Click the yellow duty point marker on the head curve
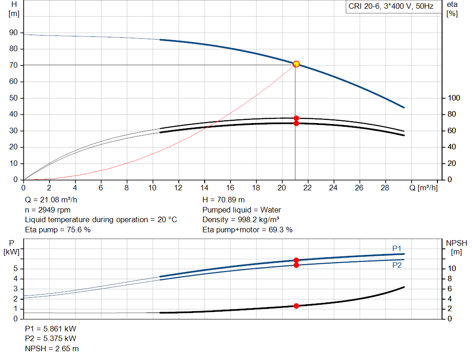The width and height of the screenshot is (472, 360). [x=296, y=64]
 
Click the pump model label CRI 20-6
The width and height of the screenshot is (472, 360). [x=390, y=7]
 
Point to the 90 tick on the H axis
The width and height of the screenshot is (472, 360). [x=13, y=33]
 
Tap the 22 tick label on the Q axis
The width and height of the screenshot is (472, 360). [x=307, y=188]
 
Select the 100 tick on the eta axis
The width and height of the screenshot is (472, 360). [x=454, y=98]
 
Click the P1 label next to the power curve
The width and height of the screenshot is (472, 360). [x=397, y=248]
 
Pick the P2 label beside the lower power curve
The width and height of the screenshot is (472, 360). [x=397, y=266]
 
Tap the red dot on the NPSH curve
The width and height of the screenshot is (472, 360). [x=296, y=306]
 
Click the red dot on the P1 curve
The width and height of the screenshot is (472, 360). [x=296, y=260]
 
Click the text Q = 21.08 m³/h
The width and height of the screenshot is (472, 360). [x=51, y=200]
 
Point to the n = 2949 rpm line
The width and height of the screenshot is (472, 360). [x=47, y=210]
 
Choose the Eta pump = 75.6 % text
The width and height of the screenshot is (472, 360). [x=58, y=230]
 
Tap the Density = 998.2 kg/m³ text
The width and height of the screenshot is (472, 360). [x=241, y=219]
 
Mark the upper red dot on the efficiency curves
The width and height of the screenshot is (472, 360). [x=296, y=118]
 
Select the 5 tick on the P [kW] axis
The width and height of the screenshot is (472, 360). [x=16, y=269]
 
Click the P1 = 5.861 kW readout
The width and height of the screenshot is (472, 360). [x=51, y=329]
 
